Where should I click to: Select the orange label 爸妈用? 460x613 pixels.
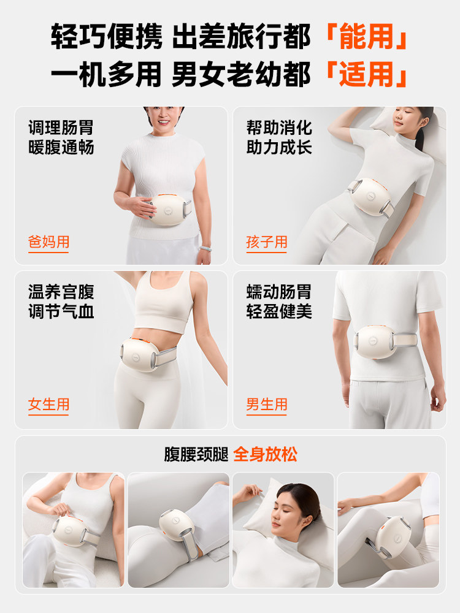tap(48, 242)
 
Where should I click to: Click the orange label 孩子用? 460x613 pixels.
tap(267, 242)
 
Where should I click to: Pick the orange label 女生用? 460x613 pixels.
tap(48, 405)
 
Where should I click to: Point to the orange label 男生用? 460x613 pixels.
tap(267, 405)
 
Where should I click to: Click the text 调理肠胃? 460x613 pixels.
tap(61, 128)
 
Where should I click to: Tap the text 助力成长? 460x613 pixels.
tap(279, 147)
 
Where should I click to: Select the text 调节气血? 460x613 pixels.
tap(61, 311)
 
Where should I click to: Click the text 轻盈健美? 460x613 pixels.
tap(279, 311)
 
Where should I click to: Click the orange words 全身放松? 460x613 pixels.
tap(265, 454)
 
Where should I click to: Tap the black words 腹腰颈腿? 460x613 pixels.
tap(196, 454)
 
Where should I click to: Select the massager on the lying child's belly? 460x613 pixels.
tap(372, 196)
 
